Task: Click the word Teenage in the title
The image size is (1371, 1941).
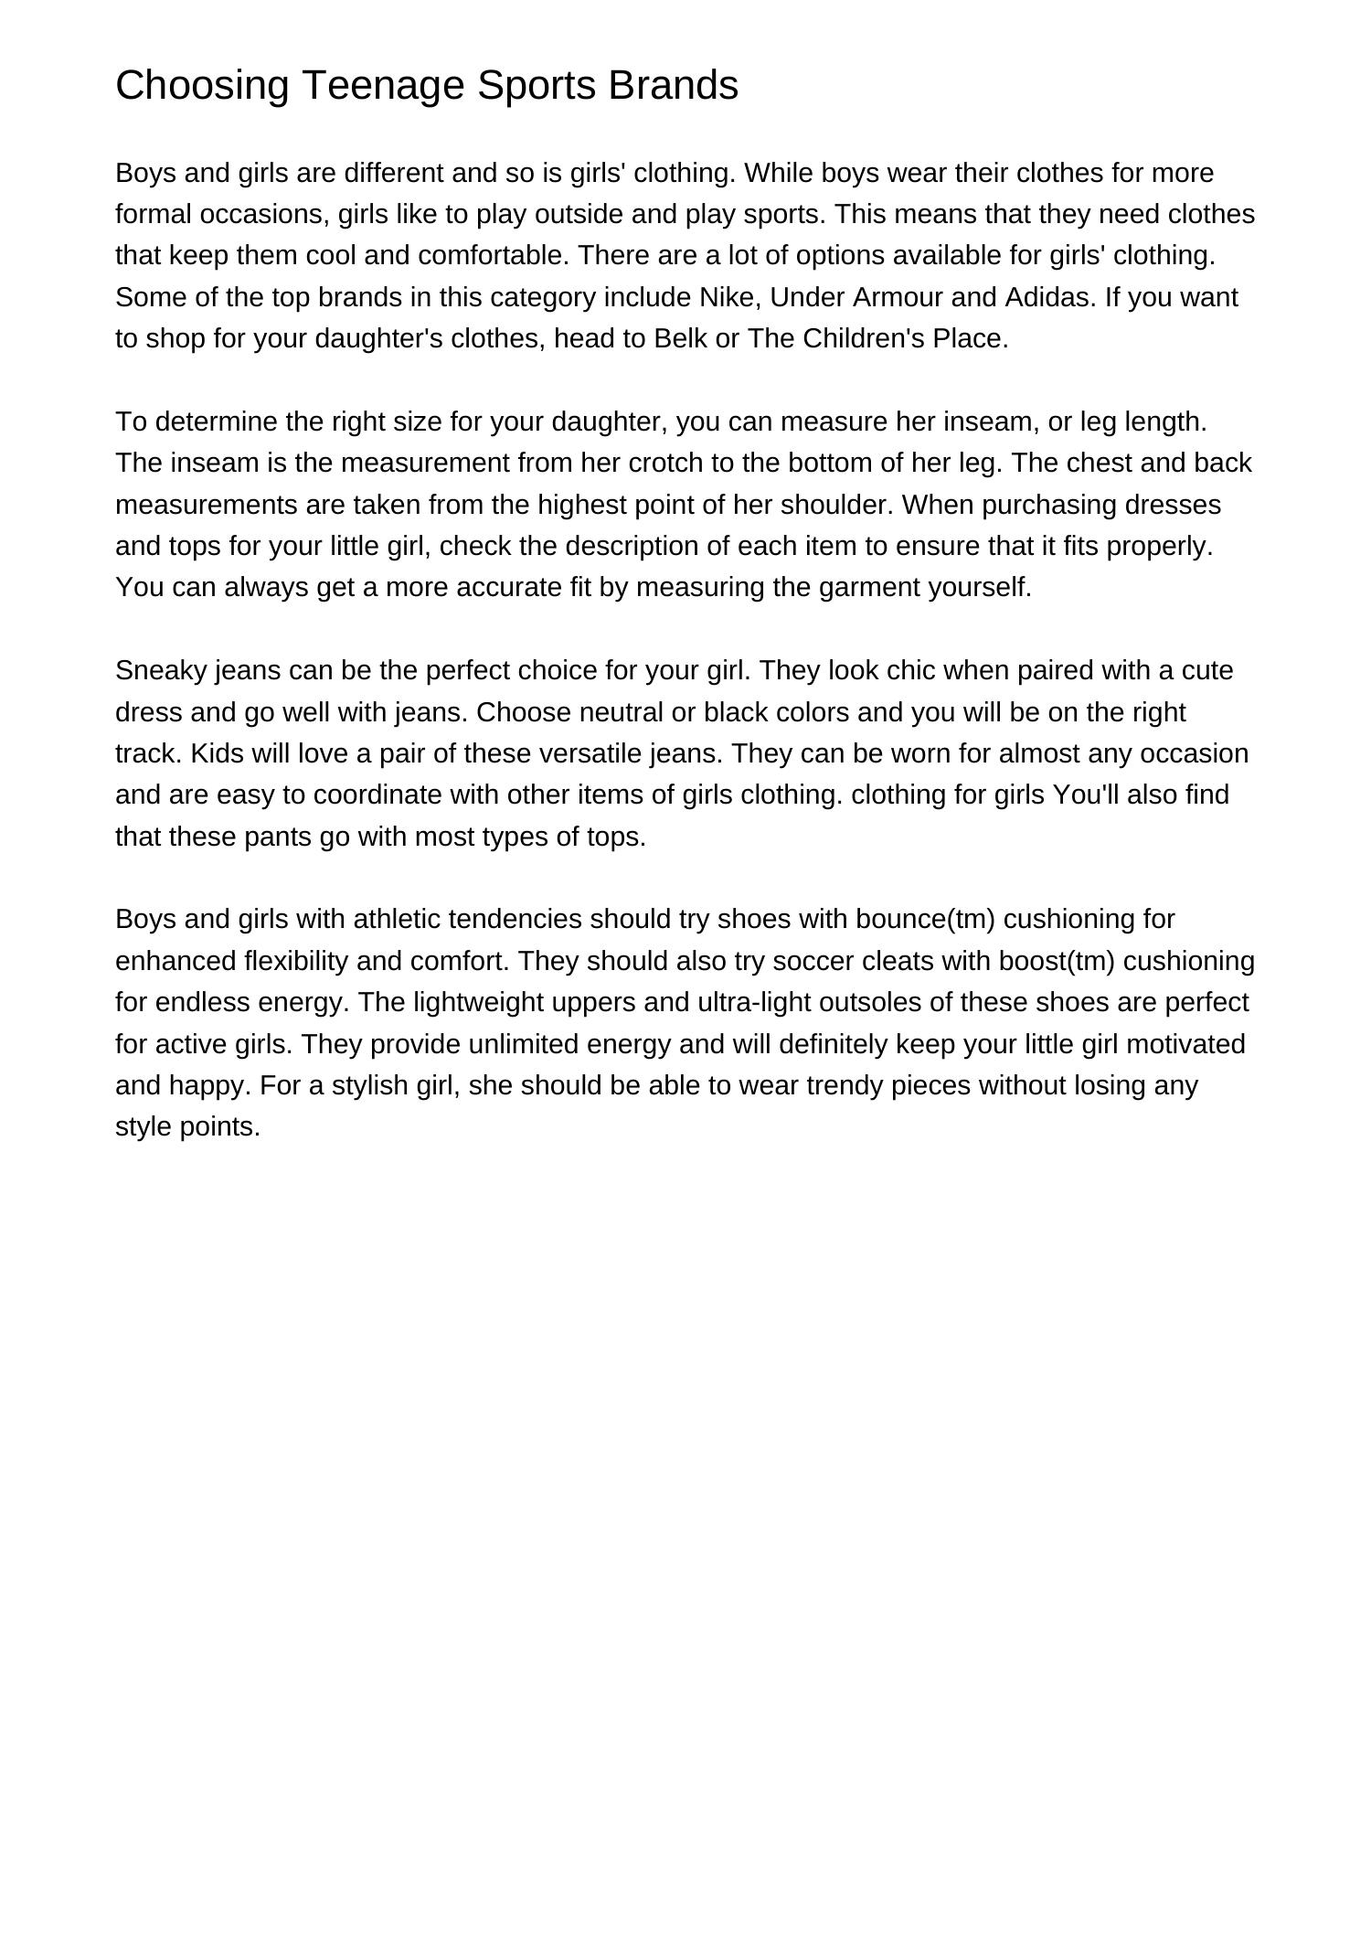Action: pyautogui.click(x=384, y=85)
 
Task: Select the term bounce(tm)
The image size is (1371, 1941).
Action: pyautogui.click(x=926, y=919)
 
